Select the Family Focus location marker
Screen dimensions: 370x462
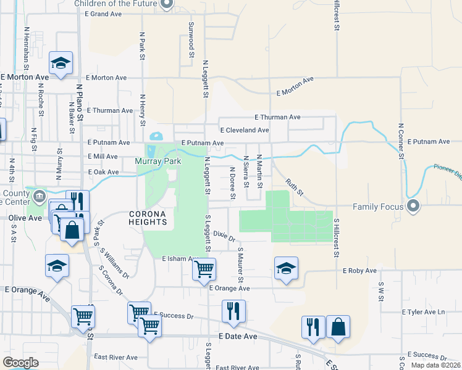point(413,206)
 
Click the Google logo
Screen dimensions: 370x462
point(20,363)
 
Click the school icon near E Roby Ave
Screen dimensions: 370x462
point(286,269)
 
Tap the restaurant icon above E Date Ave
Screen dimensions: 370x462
point(233,311)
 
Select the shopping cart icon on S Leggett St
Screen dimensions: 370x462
point(204,269)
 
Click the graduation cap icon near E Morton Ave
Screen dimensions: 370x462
point(61,63)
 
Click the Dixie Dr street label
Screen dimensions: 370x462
point(225,235)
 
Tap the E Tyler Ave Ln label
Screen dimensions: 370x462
point(423,312)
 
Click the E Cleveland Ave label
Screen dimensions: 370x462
point(245,130)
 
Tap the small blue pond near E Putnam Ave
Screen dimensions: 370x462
point(156,136)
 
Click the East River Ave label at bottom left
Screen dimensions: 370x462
point(115,357)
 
